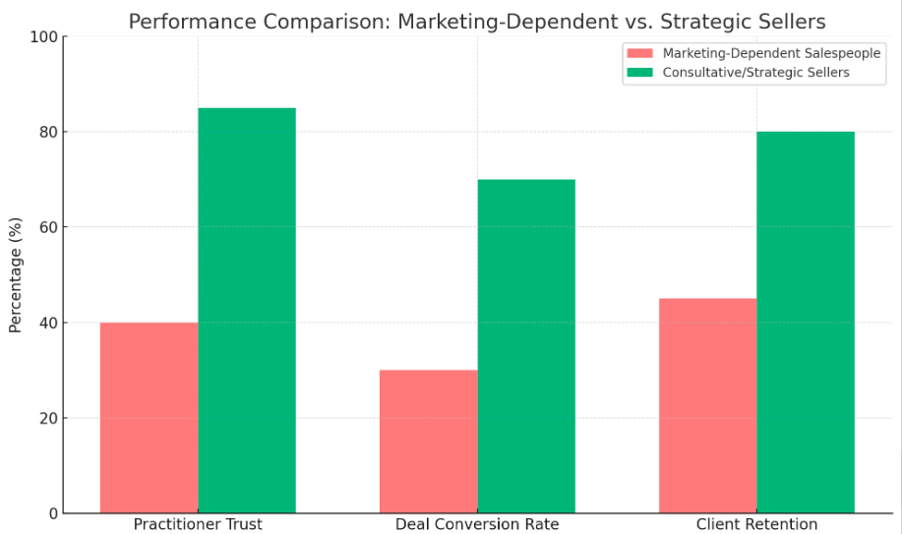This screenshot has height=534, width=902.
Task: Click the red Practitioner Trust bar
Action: (149, 418)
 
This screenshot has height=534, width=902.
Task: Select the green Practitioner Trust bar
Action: (247, 311)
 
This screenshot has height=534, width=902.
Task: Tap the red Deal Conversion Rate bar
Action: (428, 442)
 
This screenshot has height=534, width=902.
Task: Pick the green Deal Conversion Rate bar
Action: (526, 346)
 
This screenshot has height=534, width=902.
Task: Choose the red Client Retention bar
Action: (707, 406)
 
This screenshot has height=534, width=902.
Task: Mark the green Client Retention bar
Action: (806, 323)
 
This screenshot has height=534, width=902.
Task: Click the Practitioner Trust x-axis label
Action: (198, 524)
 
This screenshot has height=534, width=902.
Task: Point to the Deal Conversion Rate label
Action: (477, 524)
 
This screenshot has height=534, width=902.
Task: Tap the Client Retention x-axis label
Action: (756, 524)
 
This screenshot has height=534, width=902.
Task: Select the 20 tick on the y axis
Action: (47, 418)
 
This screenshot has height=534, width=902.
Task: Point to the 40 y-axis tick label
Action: (47, 323)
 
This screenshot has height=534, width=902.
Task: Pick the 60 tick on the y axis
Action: (47, 227)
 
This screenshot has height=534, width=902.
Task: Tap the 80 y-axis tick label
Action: (47, 132)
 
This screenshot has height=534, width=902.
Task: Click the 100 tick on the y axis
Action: (43, 36)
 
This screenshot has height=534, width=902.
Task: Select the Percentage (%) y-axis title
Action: (15, 275)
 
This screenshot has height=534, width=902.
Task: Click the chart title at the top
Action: (477, 21)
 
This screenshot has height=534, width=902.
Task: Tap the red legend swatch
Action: (640, 53)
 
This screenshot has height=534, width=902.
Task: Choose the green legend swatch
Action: (640, 72)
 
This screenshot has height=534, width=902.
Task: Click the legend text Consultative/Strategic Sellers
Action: (755, 72)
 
